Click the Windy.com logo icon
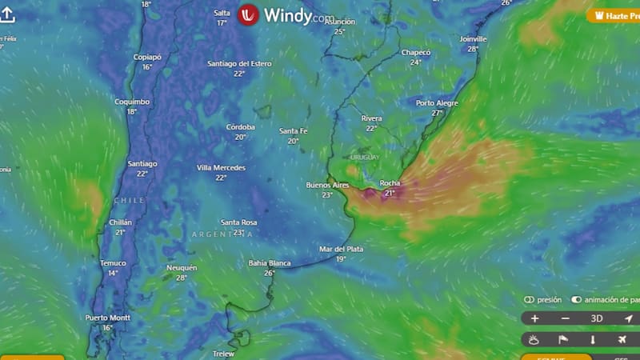point(248,15)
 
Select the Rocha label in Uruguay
point(390,183)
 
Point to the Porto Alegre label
point(437,103)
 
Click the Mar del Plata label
point(341,249)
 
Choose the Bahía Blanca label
point(269,262)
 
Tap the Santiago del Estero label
point(239,63)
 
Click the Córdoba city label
point(240,126)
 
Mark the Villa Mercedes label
point(221,167)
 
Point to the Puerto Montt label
point(107,318)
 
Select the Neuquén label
point(181,267)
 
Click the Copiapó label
point(147,57)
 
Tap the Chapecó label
point(415,53)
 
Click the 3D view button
point(597,318)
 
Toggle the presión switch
point(530,300)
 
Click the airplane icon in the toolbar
point(622,340)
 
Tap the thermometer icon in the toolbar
point(593,340)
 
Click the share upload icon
point(7,15)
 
